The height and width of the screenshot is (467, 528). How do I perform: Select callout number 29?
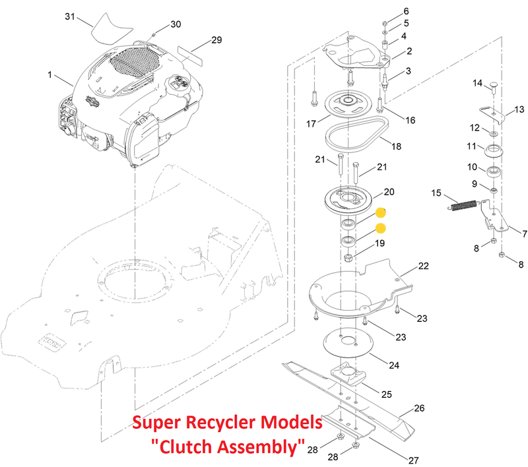tap(216, 40)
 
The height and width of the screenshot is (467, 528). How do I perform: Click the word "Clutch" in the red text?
tap(194, 447)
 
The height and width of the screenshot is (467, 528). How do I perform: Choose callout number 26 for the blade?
tap(420, 408)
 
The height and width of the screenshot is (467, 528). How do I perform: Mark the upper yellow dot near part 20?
tap(381, 213)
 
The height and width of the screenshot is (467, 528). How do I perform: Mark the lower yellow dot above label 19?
tap(381, 228)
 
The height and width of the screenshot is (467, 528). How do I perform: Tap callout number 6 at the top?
tap(406, 11)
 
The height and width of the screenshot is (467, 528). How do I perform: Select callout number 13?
tap(519, 109)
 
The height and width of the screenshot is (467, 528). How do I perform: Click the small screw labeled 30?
tap(152, 32)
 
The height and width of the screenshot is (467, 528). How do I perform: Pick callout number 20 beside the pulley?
tap(389, 192)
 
